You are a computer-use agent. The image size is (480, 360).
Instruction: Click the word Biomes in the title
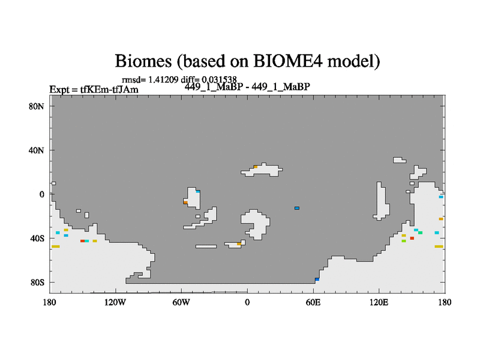tap(143, 61)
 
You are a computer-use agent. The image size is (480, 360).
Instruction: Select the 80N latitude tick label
tap(37, 106)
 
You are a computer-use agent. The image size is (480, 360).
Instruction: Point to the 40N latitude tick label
tap(37, 151)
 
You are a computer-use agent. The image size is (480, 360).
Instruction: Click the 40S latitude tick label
tap(37, 238)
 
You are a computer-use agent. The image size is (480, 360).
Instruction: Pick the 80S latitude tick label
tap(37, 282)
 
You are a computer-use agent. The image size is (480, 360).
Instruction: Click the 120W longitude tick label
tap(115, 302)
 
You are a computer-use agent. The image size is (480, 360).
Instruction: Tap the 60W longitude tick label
tap(181, 302)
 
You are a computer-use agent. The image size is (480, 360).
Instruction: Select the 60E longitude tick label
tap(313, 302)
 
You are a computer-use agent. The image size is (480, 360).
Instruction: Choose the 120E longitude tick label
tap(379, 302)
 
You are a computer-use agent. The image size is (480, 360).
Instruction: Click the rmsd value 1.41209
tap(163, 80)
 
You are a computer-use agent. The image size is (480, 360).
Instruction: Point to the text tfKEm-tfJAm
tap(109, 89)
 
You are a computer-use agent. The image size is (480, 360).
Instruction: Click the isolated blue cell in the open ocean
tap(297, 208)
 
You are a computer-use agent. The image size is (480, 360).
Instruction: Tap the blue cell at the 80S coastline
tap(317, 280)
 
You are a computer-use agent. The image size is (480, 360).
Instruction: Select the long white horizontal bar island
tap(206, 247)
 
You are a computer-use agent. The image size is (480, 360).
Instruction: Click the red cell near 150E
tap(412, 238)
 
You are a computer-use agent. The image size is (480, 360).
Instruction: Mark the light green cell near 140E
tap(404, 241)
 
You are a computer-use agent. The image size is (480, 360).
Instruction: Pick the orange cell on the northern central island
tap(256, 167)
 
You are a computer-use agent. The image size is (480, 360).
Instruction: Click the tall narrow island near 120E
tap(381, 202)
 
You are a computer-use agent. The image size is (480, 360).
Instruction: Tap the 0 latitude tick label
tap(41, 194)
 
